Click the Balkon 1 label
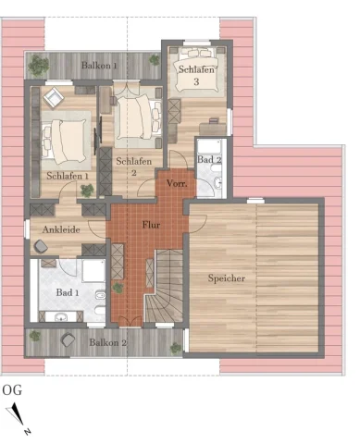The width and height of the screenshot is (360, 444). tap(99, 67)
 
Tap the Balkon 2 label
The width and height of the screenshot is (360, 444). tap(107, 342)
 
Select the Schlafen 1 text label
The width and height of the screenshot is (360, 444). tap(67, 176)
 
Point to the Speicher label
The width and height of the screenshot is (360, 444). tap(227, 277)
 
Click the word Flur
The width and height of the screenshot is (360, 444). tap(150, 225)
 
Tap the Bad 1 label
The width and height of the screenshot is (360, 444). tap(67, 293)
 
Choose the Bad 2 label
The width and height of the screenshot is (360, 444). tap(207, 160)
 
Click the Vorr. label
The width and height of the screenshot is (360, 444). tap(176, 184)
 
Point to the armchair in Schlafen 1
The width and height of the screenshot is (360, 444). tap(51, 95)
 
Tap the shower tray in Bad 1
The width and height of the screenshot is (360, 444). tap(93, 271)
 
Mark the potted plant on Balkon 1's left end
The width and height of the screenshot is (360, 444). tap(38, 65)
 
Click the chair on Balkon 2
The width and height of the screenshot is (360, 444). tap(66, 339)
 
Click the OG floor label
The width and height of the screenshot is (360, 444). tap(12, 389)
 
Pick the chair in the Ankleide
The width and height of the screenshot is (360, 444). tap(41, 246)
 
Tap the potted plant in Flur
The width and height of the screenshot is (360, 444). tap(118, 288)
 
